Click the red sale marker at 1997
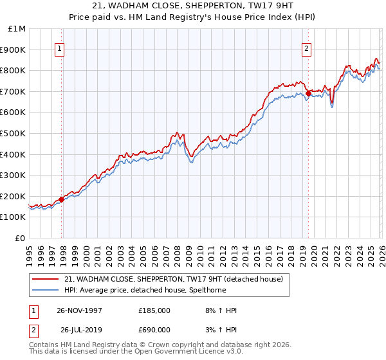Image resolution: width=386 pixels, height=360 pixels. point(62,199)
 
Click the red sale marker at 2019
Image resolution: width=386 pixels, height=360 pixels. point(308,93)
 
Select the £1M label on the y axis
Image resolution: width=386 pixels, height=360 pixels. point(17,28)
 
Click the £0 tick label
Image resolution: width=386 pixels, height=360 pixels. point(21,238)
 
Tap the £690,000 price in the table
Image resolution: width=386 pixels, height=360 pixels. point(154,329)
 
